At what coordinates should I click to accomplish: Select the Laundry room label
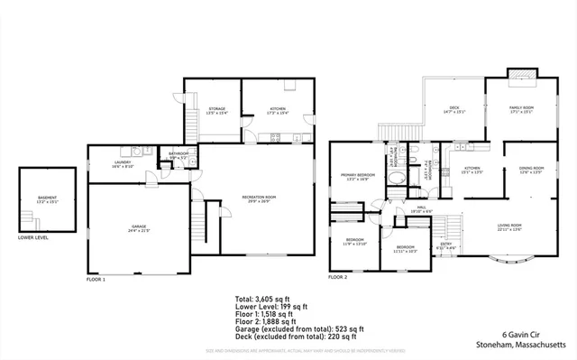tap(123, 165)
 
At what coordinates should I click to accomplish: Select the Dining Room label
tap(531, 170)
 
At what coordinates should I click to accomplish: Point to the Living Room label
tap(509, 227)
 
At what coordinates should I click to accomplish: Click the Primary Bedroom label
tap(358, 177)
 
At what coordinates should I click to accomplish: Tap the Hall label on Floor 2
tap(422, 208)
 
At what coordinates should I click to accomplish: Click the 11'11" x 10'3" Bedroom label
tap(406, 248)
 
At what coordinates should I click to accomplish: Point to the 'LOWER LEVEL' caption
tap(33, 238)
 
